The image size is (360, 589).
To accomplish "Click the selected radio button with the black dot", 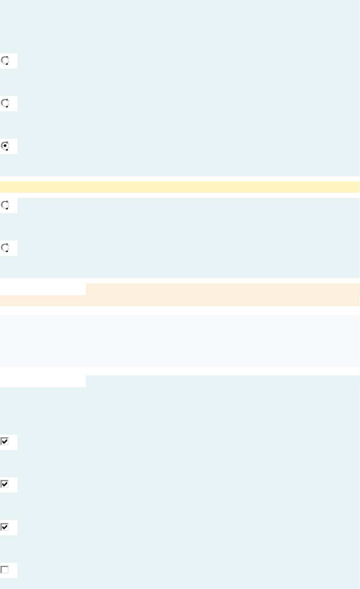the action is click(x=5, y=146).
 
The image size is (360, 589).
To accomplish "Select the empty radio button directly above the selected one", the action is click(x=5, y=103).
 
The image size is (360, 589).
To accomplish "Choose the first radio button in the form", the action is click(x=5, y=60).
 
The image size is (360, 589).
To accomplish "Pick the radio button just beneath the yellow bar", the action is click(x=5, y=205).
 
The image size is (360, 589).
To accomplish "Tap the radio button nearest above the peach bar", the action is click(x=5, y=248).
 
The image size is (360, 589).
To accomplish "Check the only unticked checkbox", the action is click(x=5, y=570).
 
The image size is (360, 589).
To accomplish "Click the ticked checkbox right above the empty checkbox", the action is click(x=5, y=527).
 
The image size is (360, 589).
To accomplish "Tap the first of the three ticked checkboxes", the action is click(x=5, y=442).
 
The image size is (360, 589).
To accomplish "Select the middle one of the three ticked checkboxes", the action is click(x=5, y=485).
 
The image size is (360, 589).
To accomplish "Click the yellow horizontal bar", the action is click(x=180, y=187).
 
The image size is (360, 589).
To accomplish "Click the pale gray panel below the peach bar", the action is click(x=180, y=340).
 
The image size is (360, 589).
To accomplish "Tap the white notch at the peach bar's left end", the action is click(x=42, y=289).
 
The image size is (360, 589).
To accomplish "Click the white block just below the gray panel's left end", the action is click(x=42, y=381).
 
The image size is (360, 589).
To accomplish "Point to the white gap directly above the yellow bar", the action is click(x=180, y=179).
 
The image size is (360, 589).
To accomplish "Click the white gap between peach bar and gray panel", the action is click(x=180, y=310).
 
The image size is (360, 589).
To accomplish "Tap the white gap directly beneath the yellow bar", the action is click(x=180, y=195).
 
